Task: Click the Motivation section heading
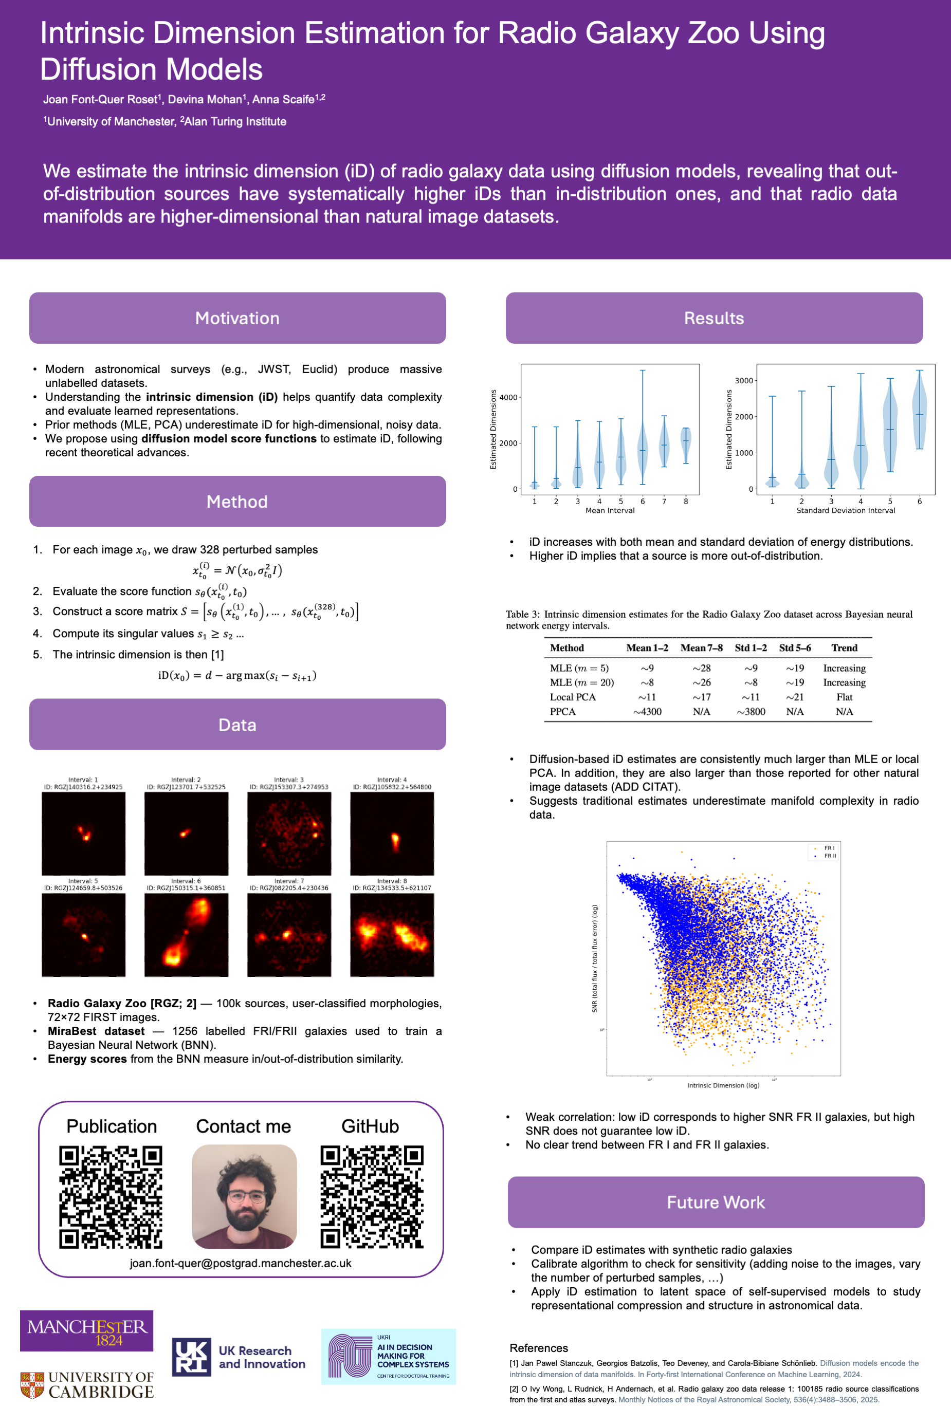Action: pyautogui.click(x=237, y=318)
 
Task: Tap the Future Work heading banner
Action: pyautogui.click(x=716, y=1202)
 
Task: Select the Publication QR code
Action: pyautogui.click(x=111, y=1196)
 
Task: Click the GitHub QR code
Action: pyautogui.click(x=371, y=1196)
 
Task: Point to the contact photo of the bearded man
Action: pyautogui.click(x=244, y=1196)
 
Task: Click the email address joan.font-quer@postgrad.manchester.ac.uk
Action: pyautogui.click(x=240, y=1263)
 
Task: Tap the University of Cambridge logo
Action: pyautogui.click(x=87, y=1385)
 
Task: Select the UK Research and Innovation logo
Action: pyautogui.click(x=239, y=1357)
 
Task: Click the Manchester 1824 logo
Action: pyautogui.click(x=86, y=1331)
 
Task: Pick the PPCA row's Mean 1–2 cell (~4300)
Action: pyautogui.click(x=647, y=712)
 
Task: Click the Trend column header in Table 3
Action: pyautogui.click(x=844, y=647)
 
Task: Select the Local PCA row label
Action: pyautogui.click(x=573, y=697)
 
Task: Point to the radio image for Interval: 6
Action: pyautogui.click(x=186, y=934)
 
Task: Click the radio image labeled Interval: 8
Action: pyautogui.click(x=392, y=934)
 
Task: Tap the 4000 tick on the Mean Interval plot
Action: pyautogui.click(x=508, y=398)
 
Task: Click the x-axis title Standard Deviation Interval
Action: pyautogui.click(x=846, y=510)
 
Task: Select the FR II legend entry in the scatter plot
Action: pyautogui.click(x=829, y=856)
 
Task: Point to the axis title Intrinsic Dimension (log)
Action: pyautogui.click(x=723, y=1085)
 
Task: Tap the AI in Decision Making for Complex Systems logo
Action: pyautogui.click(x=388, y=1357)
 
